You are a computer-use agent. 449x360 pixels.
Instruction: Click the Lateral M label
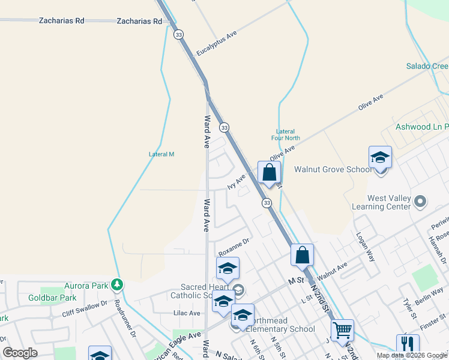click(161, 154)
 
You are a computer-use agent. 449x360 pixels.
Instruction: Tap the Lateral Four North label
click(285, 135)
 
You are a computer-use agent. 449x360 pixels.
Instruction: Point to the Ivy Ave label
click(237, 182)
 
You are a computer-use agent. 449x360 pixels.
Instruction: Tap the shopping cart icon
click(342, 329)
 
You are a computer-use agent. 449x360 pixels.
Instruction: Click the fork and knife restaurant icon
click(408, 344)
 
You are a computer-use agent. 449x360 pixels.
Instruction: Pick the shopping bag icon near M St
click(303, 254)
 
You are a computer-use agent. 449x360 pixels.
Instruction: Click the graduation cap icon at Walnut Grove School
click(380, 158)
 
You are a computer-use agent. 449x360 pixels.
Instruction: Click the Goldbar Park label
click(52, 298)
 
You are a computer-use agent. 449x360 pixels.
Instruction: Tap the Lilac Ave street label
click(186, 313)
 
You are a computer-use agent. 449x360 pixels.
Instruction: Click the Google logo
click(20, 353)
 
